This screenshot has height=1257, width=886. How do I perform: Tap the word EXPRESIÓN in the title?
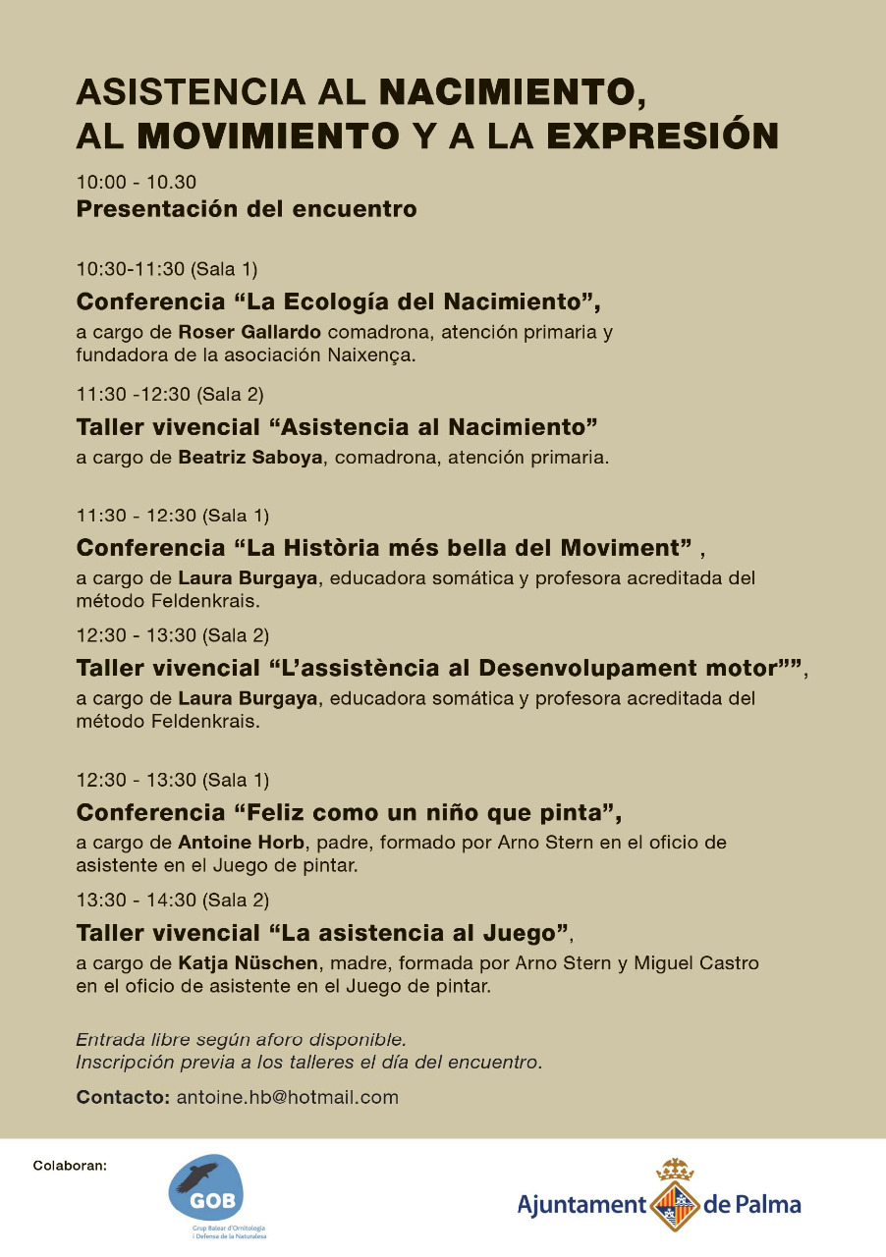pyautogui.click(x=662, y=135)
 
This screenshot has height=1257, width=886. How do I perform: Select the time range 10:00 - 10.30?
pyautogui.click(x=137, y=182)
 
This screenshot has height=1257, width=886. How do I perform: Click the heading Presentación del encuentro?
pyautogui.click(x=247, y=209)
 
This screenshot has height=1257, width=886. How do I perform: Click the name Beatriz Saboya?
pyautogui.click(x=250, y=458)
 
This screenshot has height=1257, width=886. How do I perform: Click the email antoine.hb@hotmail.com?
pyautogui.click(x=287, y=1098)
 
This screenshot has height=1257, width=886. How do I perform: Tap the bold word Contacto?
pyautogui.click(x=124, y=1098)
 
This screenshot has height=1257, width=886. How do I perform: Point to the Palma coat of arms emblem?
pyautogui.click(x=674, y=1196)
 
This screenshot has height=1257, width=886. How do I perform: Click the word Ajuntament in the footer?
pyautogui.click(x=581, y=1204)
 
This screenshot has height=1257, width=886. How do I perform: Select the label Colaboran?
pyautogui.click(x=70, y=1167)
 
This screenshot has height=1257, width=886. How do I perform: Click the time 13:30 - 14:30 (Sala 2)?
pyautogui.click(x=172, y=900)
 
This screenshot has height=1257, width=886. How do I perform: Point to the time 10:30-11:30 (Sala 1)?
pyautogui.click(x=167, y=269)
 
